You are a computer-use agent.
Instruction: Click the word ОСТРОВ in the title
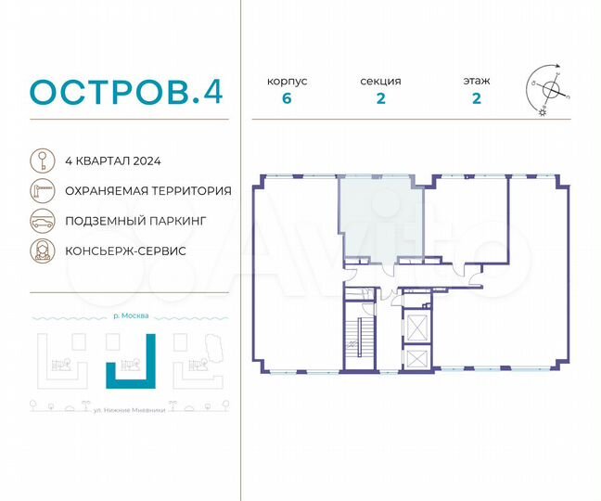(x=109, y=92)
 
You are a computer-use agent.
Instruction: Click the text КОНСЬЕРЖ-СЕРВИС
(x=125, y=251)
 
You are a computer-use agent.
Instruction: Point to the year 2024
(x=147, y=161)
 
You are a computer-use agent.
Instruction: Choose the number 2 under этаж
(x=476, y=100)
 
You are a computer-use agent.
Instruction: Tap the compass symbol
(x=550, y=91)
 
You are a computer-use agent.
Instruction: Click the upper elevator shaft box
(x=418, y=325)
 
